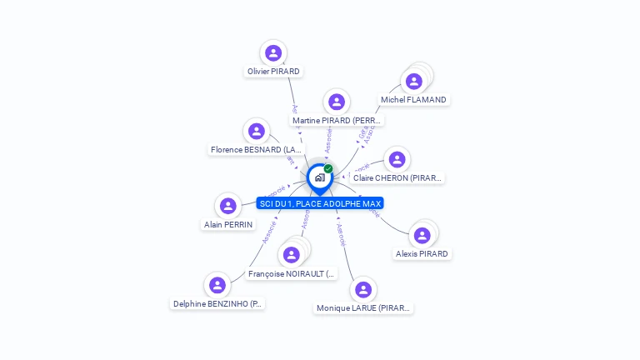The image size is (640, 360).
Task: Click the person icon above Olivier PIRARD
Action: [x=273, y=53]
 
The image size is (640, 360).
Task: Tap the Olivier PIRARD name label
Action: [x=273, y=72]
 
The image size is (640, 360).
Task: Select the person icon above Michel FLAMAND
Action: [x=413, y=81]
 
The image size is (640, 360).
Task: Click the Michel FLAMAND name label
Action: [x=413, y=100]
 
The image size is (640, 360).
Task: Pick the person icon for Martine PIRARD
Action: [x=337, y=102]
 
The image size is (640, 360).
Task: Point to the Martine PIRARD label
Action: [x=337, y=121]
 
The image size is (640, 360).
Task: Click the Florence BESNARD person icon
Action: [x=257, y=131]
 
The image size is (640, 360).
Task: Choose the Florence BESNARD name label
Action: [x=257, y=150]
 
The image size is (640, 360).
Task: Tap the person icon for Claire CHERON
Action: [x=397, y=159]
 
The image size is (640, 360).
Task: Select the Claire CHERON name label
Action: [x=397, y=178]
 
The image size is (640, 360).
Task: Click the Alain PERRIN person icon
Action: [x=228, y=206]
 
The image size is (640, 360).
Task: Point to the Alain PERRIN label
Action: [x=228, y=225]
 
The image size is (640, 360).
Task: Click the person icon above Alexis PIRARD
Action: [x=422, y=235]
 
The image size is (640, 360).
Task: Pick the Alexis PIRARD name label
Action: [x=422, y=254]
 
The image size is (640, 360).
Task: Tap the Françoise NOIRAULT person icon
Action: [x=291, y=254]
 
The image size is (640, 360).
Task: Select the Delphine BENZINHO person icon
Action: [x=217, y=285]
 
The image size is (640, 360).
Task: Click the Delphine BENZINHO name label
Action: [x=217, y=304]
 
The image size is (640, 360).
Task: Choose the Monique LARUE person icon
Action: [x=362, y=290]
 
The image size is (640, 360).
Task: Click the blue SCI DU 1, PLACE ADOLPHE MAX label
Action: [x=320, y=203]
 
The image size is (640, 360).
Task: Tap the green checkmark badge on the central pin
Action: [x=328, y=169]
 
